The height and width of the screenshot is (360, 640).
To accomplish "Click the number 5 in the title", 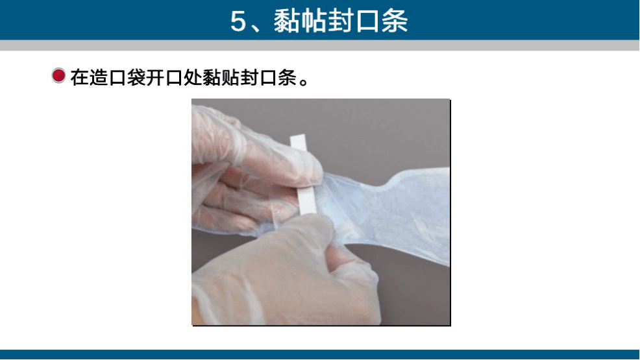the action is coord(238,21).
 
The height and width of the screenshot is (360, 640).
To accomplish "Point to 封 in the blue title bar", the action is coord(341,21).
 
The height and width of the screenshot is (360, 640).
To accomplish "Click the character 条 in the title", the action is coord(394,21).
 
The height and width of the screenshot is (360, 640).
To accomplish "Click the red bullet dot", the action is coord(58,75).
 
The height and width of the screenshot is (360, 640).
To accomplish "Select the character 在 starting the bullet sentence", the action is coord(80,77).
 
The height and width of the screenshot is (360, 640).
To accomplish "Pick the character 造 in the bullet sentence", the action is coord(99,77).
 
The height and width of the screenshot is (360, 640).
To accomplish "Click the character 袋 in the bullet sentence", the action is coord(136,77).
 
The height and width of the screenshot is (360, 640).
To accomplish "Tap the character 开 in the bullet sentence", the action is coord(154,77).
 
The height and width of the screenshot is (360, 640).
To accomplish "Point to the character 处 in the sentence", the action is coord(193,77).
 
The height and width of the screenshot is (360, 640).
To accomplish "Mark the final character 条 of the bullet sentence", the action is coord(287,77).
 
